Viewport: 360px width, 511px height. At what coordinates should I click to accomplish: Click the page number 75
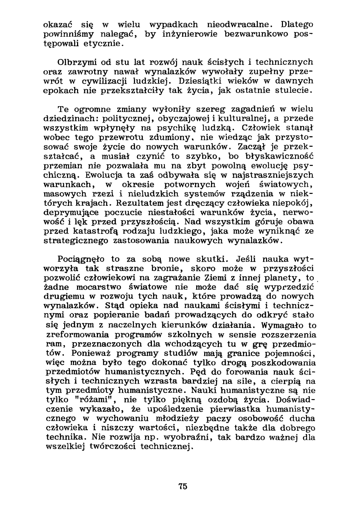183,487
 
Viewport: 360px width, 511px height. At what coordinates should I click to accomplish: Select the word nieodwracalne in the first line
237,25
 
